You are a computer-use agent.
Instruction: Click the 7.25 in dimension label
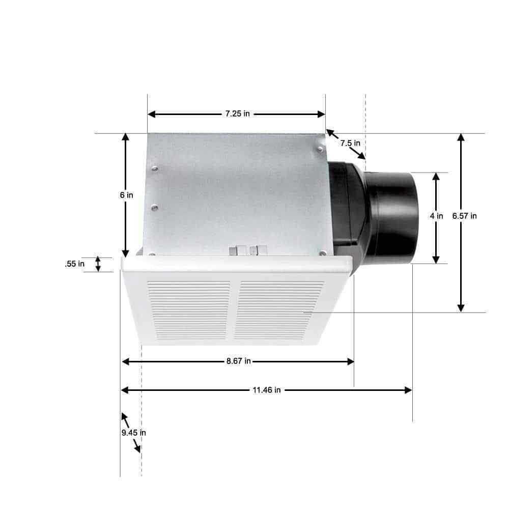[x=237, y=114]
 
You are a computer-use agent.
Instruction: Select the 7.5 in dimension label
[x=350, y=143]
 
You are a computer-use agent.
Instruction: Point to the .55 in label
[x=75, y=264]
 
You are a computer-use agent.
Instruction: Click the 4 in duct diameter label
[x=436, y=216]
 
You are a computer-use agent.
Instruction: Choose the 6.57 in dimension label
[x=464, y=216]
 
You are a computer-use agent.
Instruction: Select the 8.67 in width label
[x=238, y=361]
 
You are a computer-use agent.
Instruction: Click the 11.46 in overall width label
[x=266, y=390]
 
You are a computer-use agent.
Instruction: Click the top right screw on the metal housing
[x=319, y=149]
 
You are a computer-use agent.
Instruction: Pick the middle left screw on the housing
[x=155, y=207]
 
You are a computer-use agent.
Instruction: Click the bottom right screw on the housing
[x=322, y=252]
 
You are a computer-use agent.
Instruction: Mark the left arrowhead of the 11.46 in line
[x=124, y=390]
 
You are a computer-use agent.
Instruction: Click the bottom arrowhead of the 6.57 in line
[x=461, y=308]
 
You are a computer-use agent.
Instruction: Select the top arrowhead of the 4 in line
[x=436, y=176]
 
